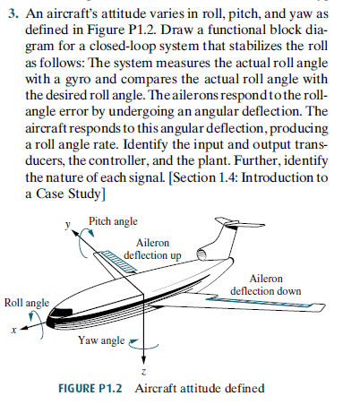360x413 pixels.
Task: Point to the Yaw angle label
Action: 100,340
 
